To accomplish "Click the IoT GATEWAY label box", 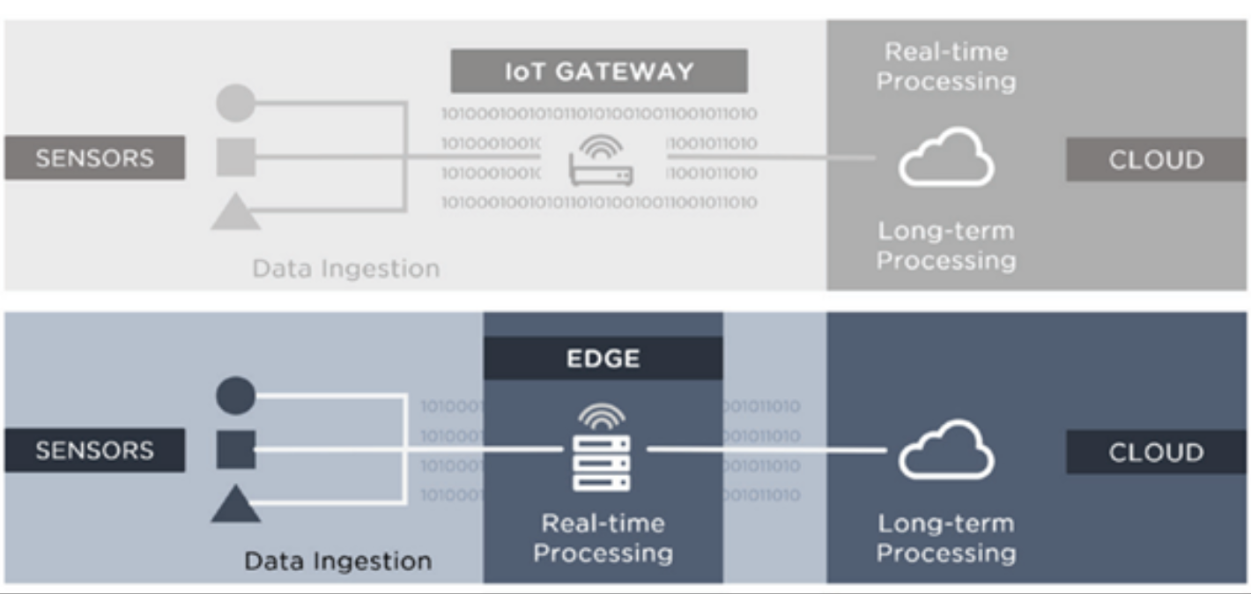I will point(599,71).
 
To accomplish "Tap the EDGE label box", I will point(603,359).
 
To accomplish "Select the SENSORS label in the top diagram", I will point(94,159).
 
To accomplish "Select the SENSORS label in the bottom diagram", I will point(94,450).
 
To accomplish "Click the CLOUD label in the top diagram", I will point(1155,160).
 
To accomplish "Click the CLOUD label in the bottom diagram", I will point(1155,452).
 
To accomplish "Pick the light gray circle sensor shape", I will point(235,104).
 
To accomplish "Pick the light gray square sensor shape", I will point(235,158).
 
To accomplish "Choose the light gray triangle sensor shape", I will point(235,213).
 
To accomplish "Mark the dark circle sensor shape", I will point(235,396).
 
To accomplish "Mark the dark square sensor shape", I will point(235,449).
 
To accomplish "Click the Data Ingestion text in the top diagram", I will point(345,268).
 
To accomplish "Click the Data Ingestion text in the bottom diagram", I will point(337,561).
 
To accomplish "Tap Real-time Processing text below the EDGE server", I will point(603,538).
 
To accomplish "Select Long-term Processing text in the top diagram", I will point(945,246).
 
